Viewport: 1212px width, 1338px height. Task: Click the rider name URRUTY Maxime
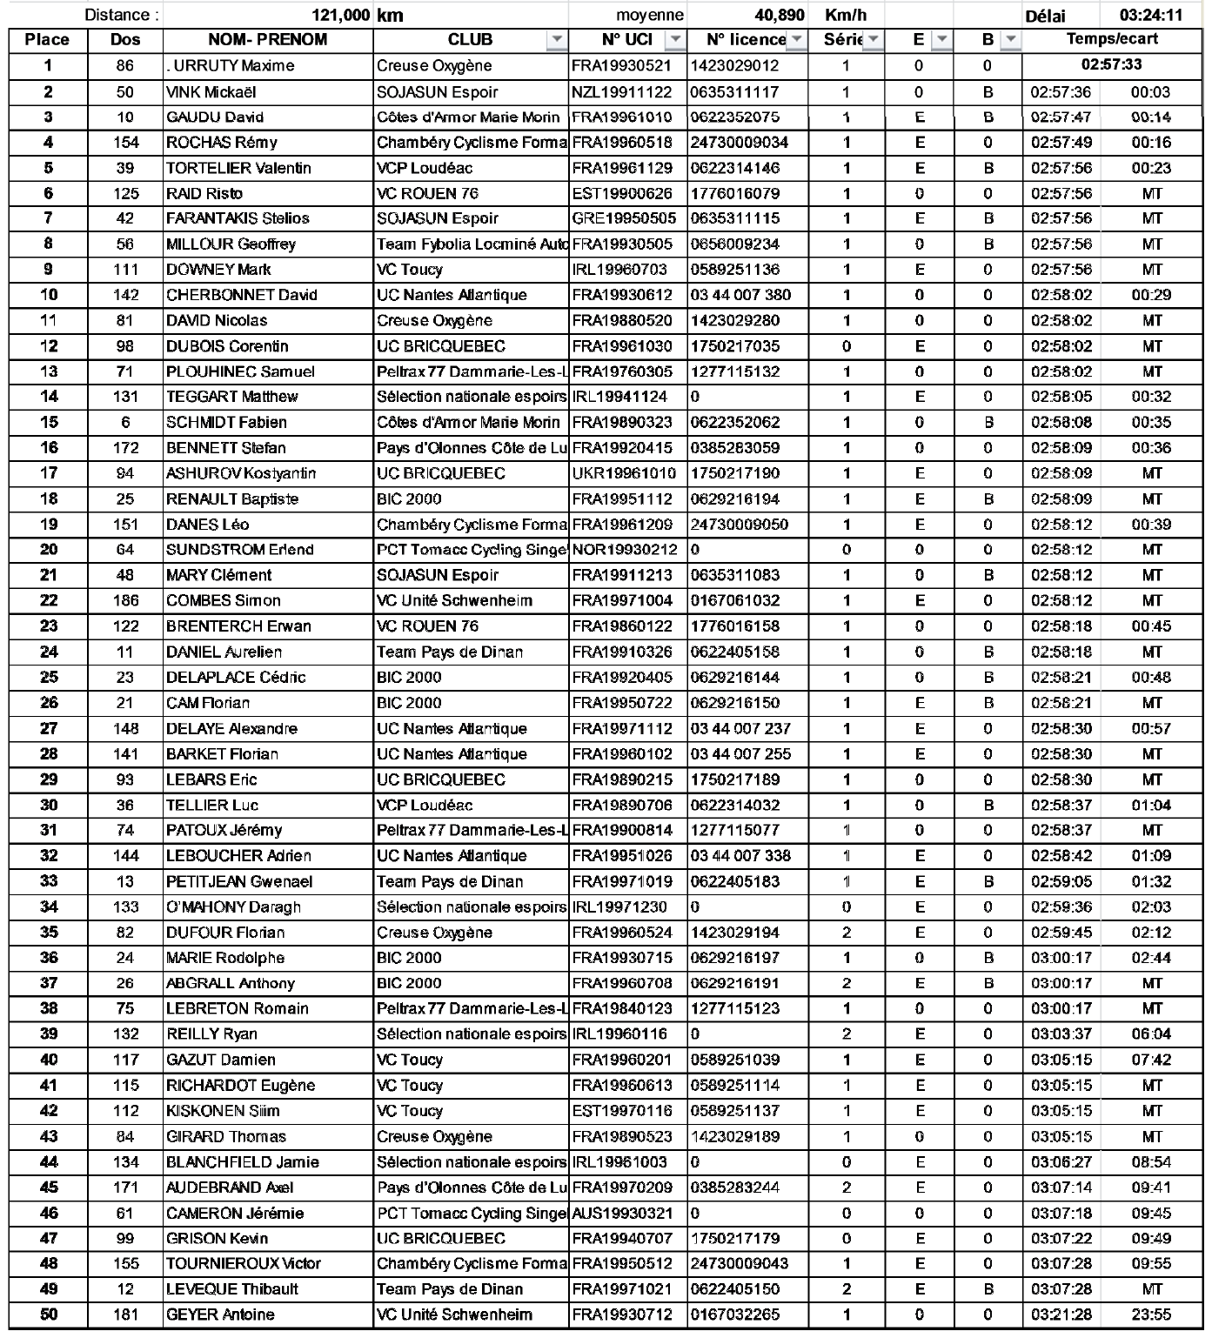click(231, 66)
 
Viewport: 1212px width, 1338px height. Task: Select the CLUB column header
click(470, 40)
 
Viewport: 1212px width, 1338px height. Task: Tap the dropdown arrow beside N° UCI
click(674, 40)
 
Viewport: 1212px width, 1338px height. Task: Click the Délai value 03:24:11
click(1150, 16)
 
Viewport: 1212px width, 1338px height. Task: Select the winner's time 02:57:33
click(1111, 65)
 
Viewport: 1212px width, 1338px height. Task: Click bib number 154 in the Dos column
click(125, 143)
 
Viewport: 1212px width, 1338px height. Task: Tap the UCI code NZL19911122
click(621, 92)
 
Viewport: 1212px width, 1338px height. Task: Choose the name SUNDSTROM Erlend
click(227, 550)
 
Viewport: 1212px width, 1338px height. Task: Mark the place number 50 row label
click(49, 1315)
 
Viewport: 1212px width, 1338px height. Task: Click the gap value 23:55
click(1151, 1315)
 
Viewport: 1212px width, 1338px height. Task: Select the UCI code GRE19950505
click(621, 218)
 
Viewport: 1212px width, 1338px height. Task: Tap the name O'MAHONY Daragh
click(233, 906)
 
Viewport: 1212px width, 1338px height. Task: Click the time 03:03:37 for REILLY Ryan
click(1061, 1034)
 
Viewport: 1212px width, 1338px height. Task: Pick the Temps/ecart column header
click(1112, 39)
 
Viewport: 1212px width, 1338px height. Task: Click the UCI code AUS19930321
click(621, 1213)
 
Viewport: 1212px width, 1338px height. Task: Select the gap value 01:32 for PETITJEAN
click(1151, 881)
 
